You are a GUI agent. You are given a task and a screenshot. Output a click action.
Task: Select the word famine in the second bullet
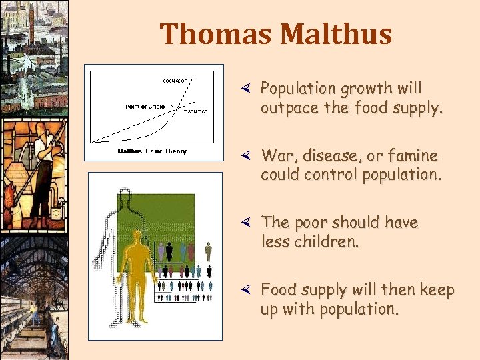414,156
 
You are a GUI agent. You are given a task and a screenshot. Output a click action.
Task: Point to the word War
276,156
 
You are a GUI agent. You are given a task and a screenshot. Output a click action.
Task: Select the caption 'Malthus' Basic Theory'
152,151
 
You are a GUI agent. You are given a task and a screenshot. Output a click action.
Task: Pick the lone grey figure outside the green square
208,251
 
